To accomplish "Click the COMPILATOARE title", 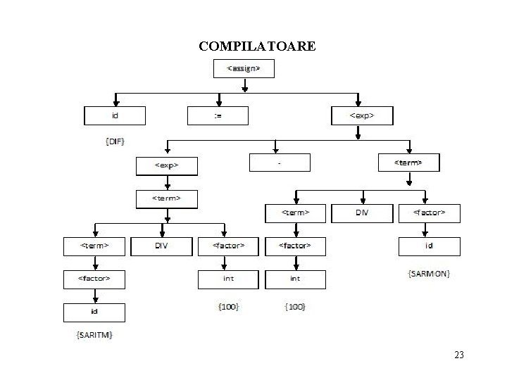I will (257, 46).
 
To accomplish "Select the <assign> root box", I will (243, 69).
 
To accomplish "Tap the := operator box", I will (218, 115).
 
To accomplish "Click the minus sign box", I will (280, 162).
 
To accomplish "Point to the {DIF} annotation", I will (115, 141).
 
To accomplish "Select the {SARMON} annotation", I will (429, 272).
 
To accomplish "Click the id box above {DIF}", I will (115, 115).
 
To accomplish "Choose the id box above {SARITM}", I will (94, 312).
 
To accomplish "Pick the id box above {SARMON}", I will (429, 246).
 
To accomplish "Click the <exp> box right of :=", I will (361, 115).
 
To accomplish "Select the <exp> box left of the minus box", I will (167, 166).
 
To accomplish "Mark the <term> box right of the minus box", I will (409, 163).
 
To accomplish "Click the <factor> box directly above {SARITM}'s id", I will (94, 279).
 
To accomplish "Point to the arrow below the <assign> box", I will (244, 85).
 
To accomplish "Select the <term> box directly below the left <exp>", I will (167, 198).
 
